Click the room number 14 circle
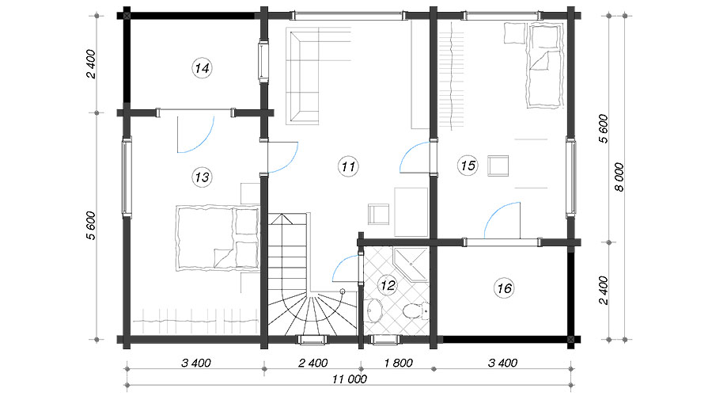pos(202,68)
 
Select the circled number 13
pos(202,177)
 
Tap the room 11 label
pos(348,166)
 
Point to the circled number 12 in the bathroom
pos(388,286)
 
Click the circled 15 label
pos(468,166)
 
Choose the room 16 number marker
pos(504,288)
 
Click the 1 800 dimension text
pos(398,363)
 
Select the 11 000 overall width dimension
pos(349,379)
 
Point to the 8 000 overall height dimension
pos(619,177)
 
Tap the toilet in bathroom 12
pos(414,310)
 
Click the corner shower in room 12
pos(411,265)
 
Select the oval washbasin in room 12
pos(375,310)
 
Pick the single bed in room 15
pos(544,66)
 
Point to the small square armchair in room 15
pos(498,166)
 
